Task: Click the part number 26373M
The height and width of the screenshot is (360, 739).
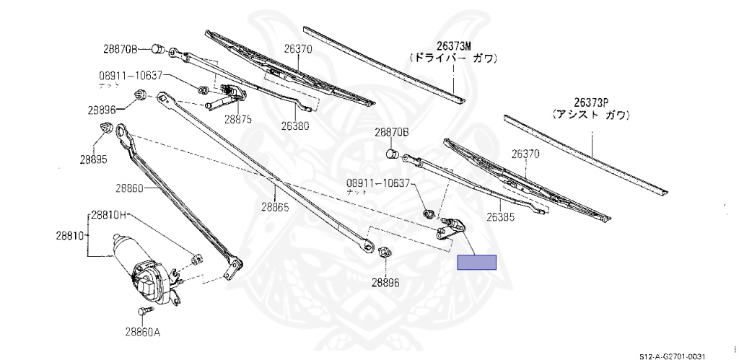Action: coord(452,45)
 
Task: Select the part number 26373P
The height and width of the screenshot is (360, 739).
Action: coord(591,102)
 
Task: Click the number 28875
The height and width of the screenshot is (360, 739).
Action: coord(237,120)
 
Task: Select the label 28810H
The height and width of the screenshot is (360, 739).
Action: coord(109,215)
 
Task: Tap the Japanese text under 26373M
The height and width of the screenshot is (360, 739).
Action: coord(452,58)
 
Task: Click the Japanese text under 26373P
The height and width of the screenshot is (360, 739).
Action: coord(591,115)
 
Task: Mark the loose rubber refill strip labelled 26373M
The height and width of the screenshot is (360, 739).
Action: coord(382,63)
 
